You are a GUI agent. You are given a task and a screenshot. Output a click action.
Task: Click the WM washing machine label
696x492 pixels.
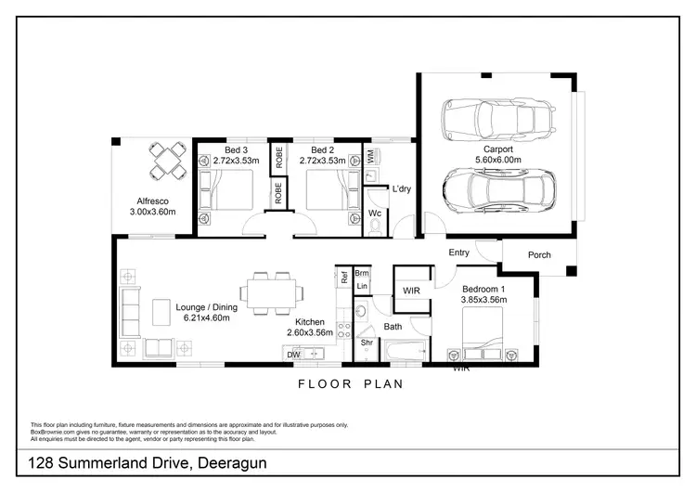click(371, 158)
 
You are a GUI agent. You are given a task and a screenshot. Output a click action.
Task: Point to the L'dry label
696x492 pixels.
click(401, 189)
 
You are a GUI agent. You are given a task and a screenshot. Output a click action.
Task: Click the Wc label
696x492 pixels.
click(375, 213)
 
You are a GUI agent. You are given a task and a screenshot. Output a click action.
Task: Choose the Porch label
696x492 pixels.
click(538, 255)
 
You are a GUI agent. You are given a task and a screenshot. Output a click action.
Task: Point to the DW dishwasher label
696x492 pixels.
click(293, 355)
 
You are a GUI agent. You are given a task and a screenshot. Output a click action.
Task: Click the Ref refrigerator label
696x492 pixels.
click(344, 275)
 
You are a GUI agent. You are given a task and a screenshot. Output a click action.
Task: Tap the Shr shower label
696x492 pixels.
click(367, 343)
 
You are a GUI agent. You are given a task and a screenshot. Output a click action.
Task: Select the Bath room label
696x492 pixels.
click(393, 326)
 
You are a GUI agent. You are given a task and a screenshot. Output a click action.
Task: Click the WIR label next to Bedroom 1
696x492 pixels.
click(413, 291)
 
